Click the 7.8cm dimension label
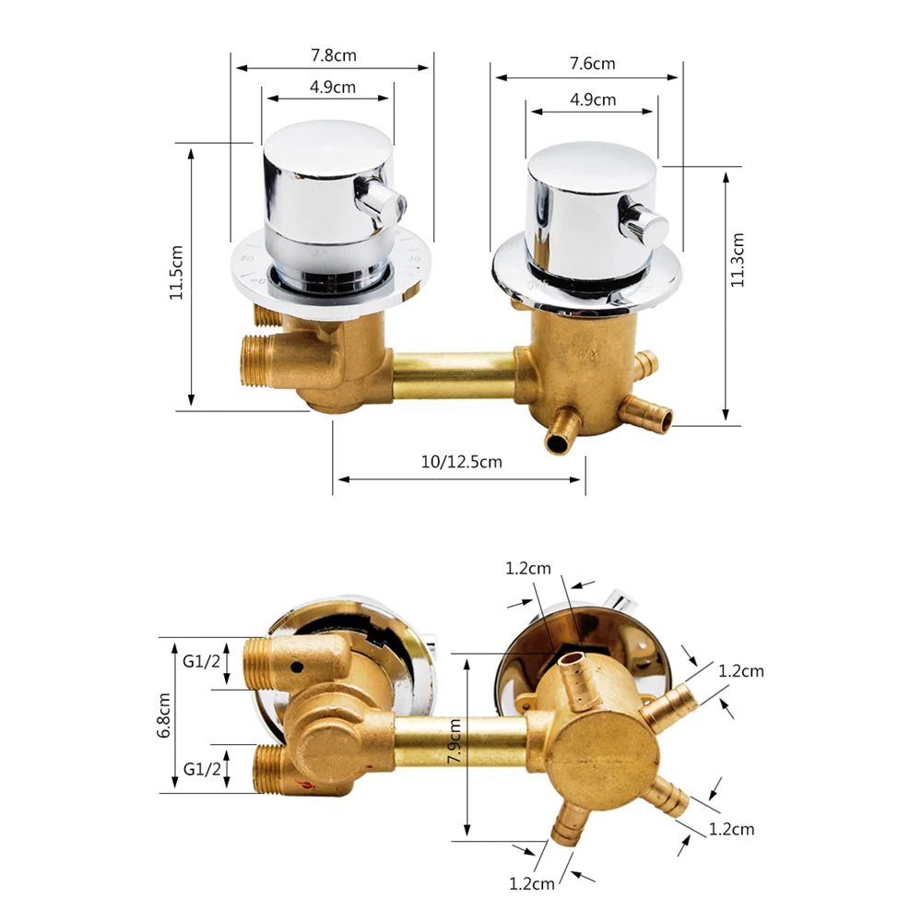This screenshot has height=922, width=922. [x=333, y=55]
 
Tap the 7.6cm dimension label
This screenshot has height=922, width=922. [x=591, y=64]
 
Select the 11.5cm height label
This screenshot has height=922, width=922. [x=178, y=272]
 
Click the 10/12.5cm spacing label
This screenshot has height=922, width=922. [x=461, y=462]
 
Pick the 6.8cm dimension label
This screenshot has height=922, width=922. [x=164, y=715]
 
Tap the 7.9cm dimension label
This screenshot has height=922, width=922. [x=454, y=741]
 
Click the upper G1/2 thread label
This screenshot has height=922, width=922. [x=201, y=661]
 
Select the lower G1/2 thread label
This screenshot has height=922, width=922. [x=201, y=768]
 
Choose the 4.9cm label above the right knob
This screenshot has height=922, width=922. [x=593, y=100]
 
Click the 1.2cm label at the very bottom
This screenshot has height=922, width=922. [x=532, y=883]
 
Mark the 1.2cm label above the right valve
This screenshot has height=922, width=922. [x=528, y=569]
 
